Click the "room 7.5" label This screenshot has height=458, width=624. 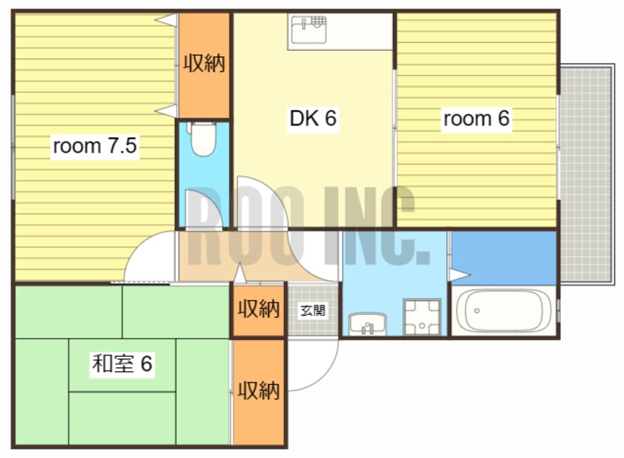pyautogui.click(x=94, y=146)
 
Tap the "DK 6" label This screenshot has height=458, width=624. pyautogui.click(x=313, y=118)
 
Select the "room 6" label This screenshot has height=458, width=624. pyautogui.click(x=476, y=119)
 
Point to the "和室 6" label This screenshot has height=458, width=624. pyautogui.click(x=122, y=364)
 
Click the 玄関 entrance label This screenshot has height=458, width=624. pyautogui.click(x=313, y=310)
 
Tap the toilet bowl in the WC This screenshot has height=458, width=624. pyautogui.click(x=203, y=139)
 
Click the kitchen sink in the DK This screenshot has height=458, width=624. pyautogui.click(x=309, y=30)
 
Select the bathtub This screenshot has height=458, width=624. pyautogui.click(x=504, y=310)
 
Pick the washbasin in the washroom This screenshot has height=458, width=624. pyautogui.click(x=367, y=324)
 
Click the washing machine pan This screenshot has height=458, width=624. pyautogui.click(x=422, y=317)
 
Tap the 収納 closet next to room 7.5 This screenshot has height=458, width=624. pyautogui.click(x=204, y=66)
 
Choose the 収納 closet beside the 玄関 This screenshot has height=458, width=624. pyautogui.click(x=259, y=310)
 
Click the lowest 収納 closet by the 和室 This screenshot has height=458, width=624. pyautogui.click(x=259, y=392)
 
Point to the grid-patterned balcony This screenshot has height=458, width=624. pyautogui.click(x=586, y=174)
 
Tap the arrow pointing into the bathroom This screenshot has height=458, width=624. pyautogui.click(x=459, y=275)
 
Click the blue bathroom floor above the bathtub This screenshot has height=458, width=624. pyautogui.click(x=504, y=258)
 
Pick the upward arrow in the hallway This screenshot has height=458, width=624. pyautogui.click(x=239, y=274)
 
